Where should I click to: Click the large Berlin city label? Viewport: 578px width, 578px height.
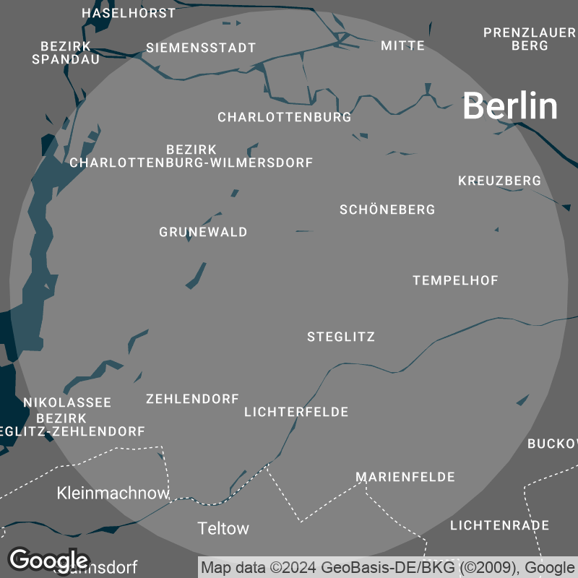tap(510, 106)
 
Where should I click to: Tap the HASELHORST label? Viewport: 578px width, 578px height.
tap(129, 13)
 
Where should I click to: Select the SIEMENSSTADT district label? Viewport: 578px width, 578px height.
tap(201, 48)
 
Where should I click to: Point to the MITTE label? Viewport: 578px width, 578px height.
tap(403, 46)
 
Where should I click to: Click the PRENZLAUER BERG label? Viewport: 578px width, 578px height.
tap(530, 39)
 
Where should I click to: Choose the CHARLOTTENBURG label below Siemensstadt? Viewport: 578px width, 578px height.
tap(285, 117)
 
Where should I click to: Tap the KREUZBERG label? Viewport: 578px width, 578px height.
tap(499, 181)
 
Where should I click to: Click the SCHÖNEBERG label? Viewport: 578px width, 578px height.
tap(387, 210)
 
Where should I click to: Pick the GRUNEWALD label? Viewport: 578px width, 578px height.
tap(203, 232)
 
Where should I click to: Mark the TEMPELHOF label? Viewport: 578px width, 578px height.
tap(456, 280)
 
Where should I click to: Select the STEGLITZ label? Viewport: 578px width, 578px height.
tap(341, 337)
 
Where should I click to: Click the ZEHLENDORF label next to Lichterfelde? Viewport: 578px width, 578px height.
tap(192, 399)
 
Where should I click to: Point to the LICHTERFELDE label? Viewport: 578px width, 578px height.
tap(296, 412)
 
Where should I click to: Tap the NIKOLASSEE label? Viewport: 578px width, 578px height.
tap(67, 402)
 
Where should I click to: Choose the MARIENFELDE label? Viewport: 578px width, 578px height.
tap(405, 477)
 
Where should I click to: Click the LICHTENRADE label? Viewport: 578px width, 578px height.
tap(499, 525)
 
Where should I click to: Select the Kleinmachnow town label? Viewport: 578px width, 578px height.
tap(113, 493)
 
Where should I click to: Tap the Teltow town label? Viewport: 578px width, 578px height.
tap(223, 528)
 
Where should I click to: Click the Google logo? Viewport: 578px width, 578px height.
tap(48, 560)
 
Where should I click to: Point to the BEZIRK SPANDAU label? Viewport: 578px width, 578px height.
tap(66, 53)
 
